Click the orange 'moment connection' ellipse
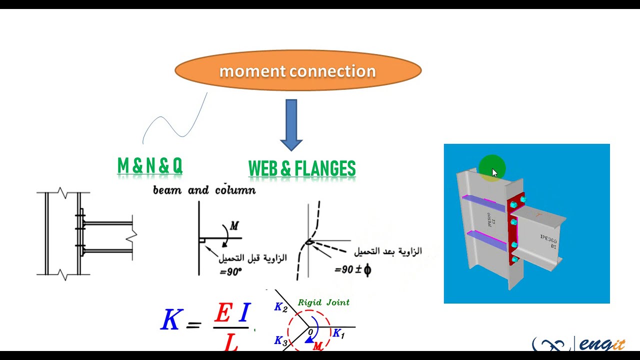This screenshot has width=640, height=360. (298, 71)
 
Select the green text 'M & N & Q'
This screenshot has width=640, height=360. (149, 166)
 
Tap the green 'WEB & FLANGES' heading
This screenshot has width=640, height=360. (302, 169)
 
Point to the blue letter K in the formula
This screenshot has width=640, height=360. (171, 319)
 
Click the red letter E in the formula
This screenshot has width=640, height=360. (223, 313)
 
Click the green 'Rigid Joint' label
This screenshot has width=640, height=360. (323, 302)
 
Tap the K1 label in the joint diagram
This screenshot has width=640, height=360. (338, 333)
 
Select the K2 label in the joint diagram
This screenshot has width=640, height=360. (281, 307)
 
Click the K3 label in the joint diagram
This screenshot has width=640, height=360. (281, 341)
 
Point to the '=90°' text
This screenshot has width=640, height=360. (230, 272)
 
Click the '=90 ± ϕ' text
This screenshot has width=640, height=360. (352, 270)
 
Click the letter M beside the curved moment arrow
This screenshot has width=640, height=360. (233, 226)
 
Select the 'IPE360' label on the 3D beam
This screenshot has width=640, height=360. (548, 239)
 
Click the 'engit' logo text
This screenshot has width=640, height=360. (602, 345)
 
